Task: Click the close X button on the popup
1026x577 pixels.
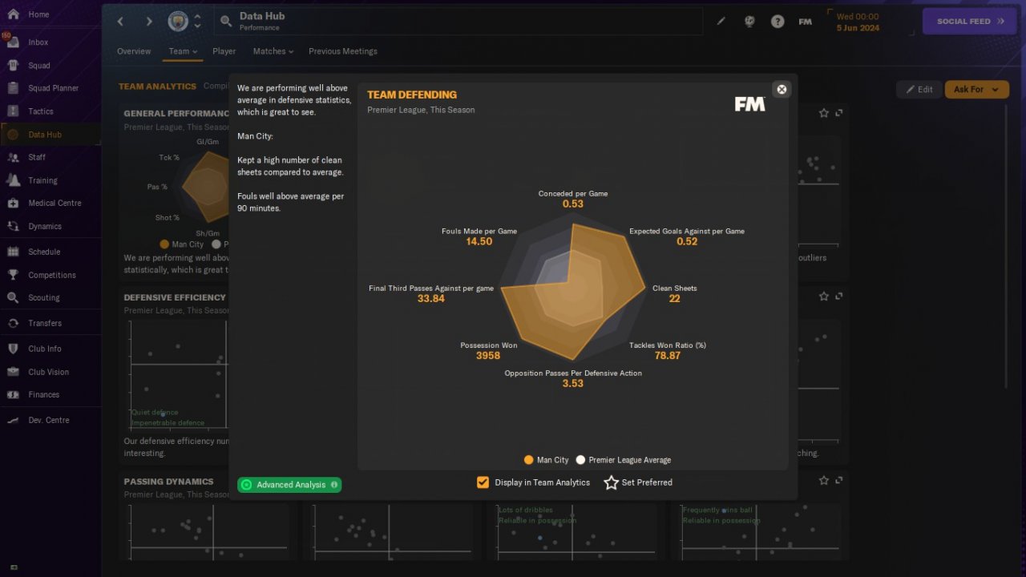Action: click(782, 89)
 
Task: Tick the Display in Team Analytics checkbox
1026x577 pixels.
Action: click(483, 482)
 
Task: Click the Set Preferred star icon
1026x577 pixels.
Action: click(611, 482)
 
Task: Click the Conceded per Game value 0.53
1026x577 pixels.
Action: click(572, 204)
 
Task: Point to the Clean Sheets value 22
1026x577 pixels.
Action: click(674, 299)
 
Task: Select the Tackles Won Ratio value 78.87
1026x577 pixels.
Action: click(667, 356)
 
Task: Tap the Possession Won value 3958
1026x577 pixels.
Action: click(487, 356)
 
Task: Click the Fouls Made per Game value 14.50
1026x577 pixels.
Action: click(479, 242)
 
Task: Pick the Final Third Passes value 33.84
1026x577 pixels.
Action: click(430, 299)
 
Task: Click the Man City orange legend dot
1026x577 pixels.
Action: click(528, 460)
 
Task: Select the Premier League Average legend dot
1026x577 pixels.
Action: click(580, 460)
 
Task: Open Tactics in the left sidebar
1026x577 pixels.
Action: click(40, 111)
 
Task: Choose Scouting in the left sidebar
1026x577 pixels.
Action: click(43, 297)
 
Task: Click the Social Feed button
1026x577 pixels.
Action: click(970, 22)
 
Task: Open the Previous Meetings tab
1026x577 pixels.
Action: click(342, 51)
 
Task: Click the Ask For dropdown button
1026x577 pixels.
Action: click(976, 90)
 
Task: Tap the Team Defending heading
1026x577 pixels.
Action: click(411, 95)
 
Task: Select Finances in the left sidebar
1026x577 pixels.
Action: click(43, 394)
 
